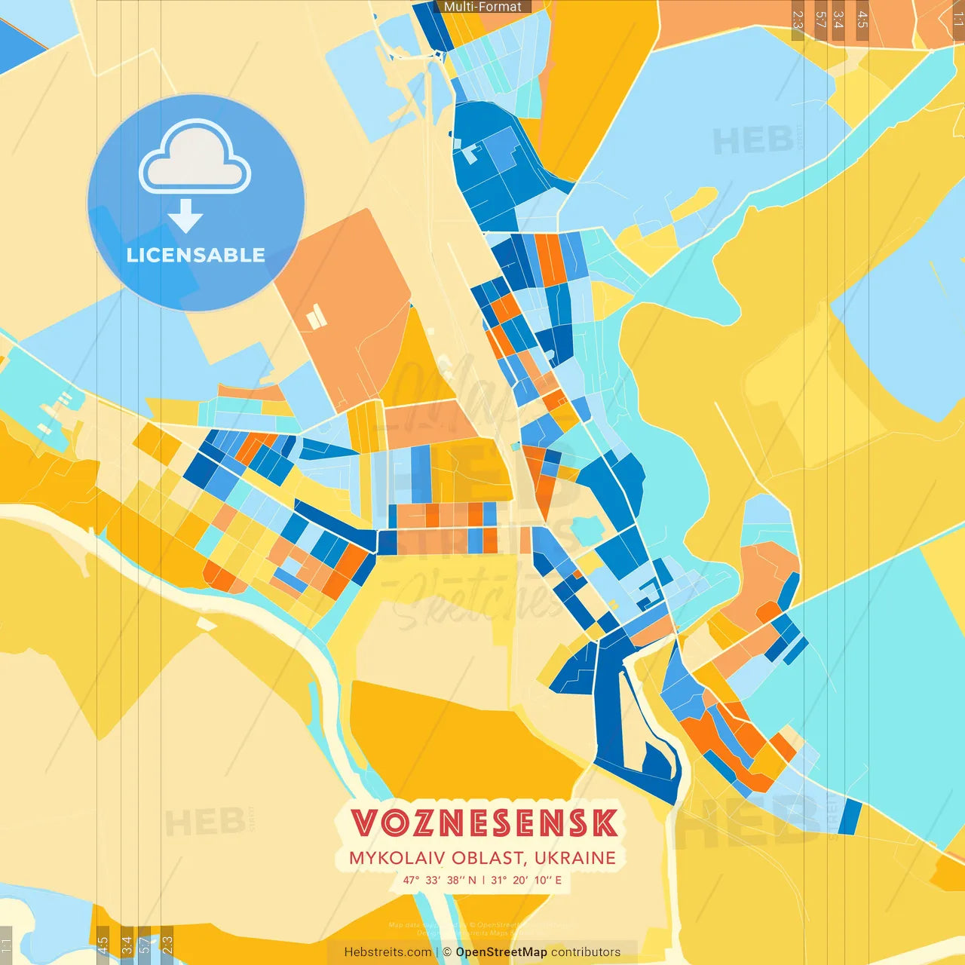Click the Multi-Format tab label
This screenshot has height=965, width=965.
coord(482,7)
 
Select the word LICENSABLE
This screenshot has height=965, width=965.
coord(195,255)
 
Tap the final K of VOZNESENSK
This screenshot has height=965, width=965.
coord(604,823)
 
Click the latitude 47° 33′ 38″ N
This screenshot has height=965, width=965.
coord(440,880)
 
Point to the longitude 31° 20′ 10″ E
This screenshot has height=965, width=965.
coord(526,880)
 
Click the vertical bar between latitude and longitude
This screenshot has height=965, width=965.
coord(483,880)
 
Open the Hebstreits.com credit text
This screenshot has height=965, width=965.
coord(388,952)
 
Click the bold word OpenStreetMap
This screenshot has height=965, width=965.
coord(501,952)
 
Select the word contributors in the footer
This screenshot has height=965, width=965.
coord(586,952)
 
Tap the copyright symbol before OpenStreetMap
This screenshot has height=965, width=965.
coord(447,952)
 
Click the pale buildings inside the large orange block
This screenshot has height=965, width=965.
coord(317,316)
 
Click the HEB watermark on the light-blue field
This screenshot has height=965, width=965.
coord(752,141)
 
